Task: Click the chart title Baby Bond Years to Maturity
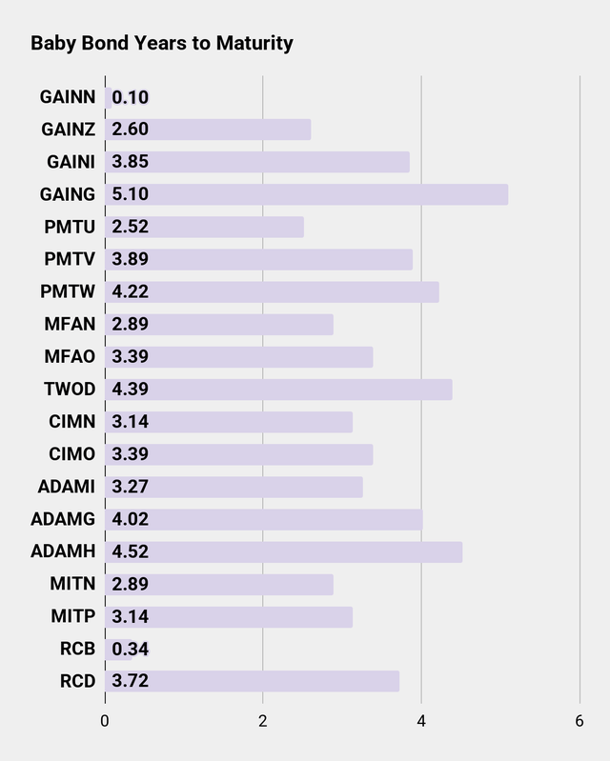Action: click(x=162, y=43)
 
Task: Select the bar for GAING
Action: click(x=305, y=194)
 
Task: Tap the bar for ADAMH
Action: click(x=283, y=551)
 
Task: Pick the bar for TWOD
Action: click(x=278, y=390)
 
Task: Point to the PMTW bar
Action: click(x=272, y=291)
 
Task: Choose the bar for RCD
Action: click(x=252, y=681)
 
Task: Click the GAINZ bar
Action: click(x=208, y=130)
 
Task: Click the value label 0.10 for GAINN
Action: click(x=131, y=97)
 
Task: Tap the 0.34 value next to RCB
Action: click(x=131, y=649)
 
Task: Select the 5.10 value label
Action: click(x=131, y=194)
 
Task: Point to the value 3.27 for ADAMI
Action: click(x=131, y=487)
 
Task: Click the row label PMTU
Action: click(x=70, y=227)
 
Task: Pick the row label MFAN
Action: click(x=70, y=324)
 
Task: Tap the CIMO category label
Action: click(x=71, y=454)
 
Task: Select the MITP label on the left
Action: click(x=72, y=616)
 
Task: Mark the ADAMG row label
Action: click(x=63, y=519)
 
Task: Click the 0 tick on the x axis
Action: click(x=105, y=721)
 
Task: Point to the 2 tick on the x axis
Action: click(x=263, y=721)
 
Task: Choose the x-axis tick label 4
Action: click(x=421, y=721)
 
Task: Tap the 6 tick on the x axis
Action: click(x=579, y=721)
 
